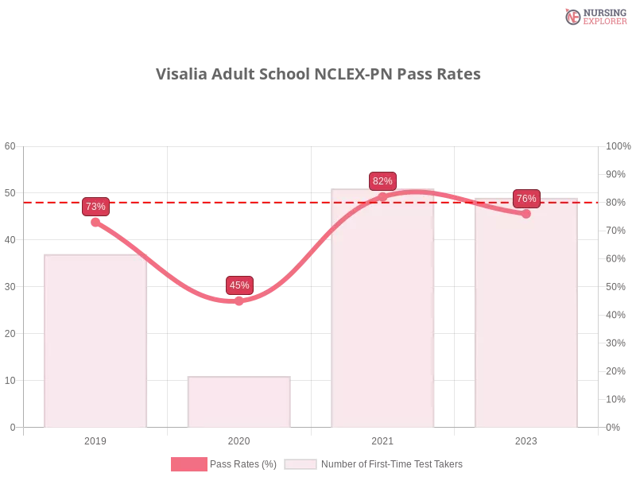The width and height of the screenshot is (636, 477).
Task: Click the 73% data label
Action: point(95,207)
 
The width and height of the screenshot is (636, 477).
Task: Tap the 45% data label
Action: point(239,285)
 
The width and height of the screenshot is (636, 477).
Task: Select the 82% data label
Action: point(382,181)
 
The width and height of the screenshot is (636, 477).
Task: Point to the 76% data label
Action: point(526,199)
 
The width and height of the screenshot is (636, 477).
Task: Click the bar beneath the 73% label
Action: point(95,342)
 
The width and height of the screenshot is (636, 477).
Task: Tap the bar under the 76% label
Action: point(525,318)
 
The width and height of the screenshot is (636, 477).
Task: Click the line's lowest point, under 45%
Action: point(238,301)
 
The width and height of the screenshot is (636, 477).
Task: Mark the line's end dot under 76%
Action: point(525,214)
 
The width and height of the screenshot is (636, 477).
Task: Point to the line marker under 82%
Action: point(382,196)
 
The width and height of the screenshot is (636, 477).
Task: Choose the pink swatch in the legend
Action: point(188,464)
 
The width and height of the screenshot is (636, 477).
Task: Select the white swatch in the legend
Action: point(301,464)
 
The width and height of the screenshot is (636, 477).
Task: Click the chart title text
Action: point(318,74)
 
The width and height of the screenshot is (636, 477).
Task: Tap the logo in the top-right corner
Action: point(594,17)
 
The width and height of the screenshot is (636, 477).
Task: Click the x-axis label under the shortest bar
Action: point(238,440)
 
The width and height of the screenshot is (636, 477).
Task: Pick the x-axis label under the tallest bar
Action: point(382,440)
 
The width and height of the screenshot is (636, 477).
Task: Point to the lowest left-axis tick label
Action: point(12,427)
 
